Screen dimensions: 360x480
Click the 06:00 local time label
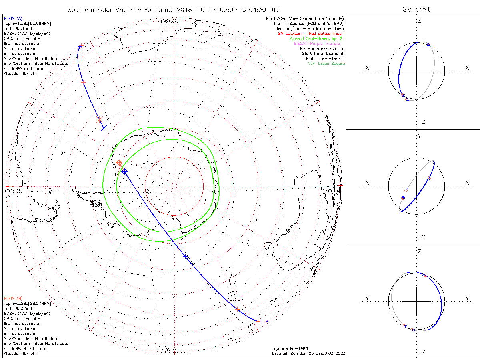coord(169,21)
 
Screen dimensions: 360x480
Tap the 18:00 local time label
coord(169,351)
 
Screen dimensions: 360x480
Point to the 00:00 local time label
coord(13,191)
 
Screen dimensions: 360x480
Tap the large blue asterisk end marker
coord(104,128)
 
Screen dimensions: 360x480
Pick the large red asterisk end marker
coord(99,119)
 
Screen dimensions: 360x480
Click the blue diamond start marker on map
coord(124,171)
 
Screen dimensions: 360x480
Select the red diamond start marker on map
coord(119,163)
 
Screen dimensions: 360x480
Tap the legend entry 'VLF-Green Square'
coord(326,64)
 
